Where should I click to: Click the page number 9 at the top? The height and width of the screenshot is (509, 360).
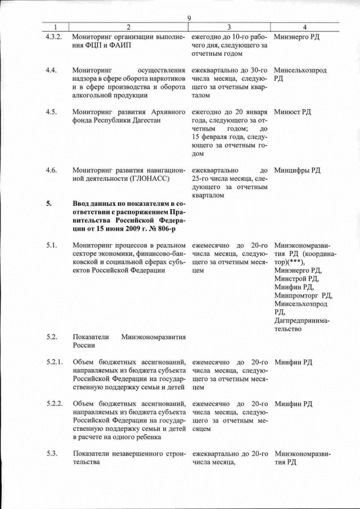pyautogui.click(x=189, y=18)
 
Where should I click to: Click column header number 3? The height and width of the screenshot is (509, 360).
pyautogui.click(x=228, y=27)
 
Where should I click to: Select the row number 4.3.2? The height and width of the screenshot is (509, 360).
pyautogui.click(x=55, y=36)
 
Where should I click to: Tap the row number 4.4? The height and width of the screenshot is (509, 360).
pyautogui.click(x=51, y=71)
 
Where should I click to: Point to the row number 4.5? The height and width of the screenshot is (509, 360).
pyautogui.click(x=51, y=112)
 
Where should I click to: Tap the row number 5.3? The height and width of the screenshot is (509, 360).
pyautogui.click(x=51, y=454)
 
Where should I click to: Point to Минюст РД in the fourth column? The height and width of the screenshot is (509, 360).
pyautogui.click(x=292, y=112)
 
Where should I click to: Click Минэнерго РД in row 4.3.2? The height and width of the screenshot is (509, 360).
pyautogui.click(x=297, y=36)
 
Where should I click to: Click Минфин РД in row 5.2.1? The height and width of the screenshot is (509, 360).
pyautogui.click(x=293, y=362)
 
